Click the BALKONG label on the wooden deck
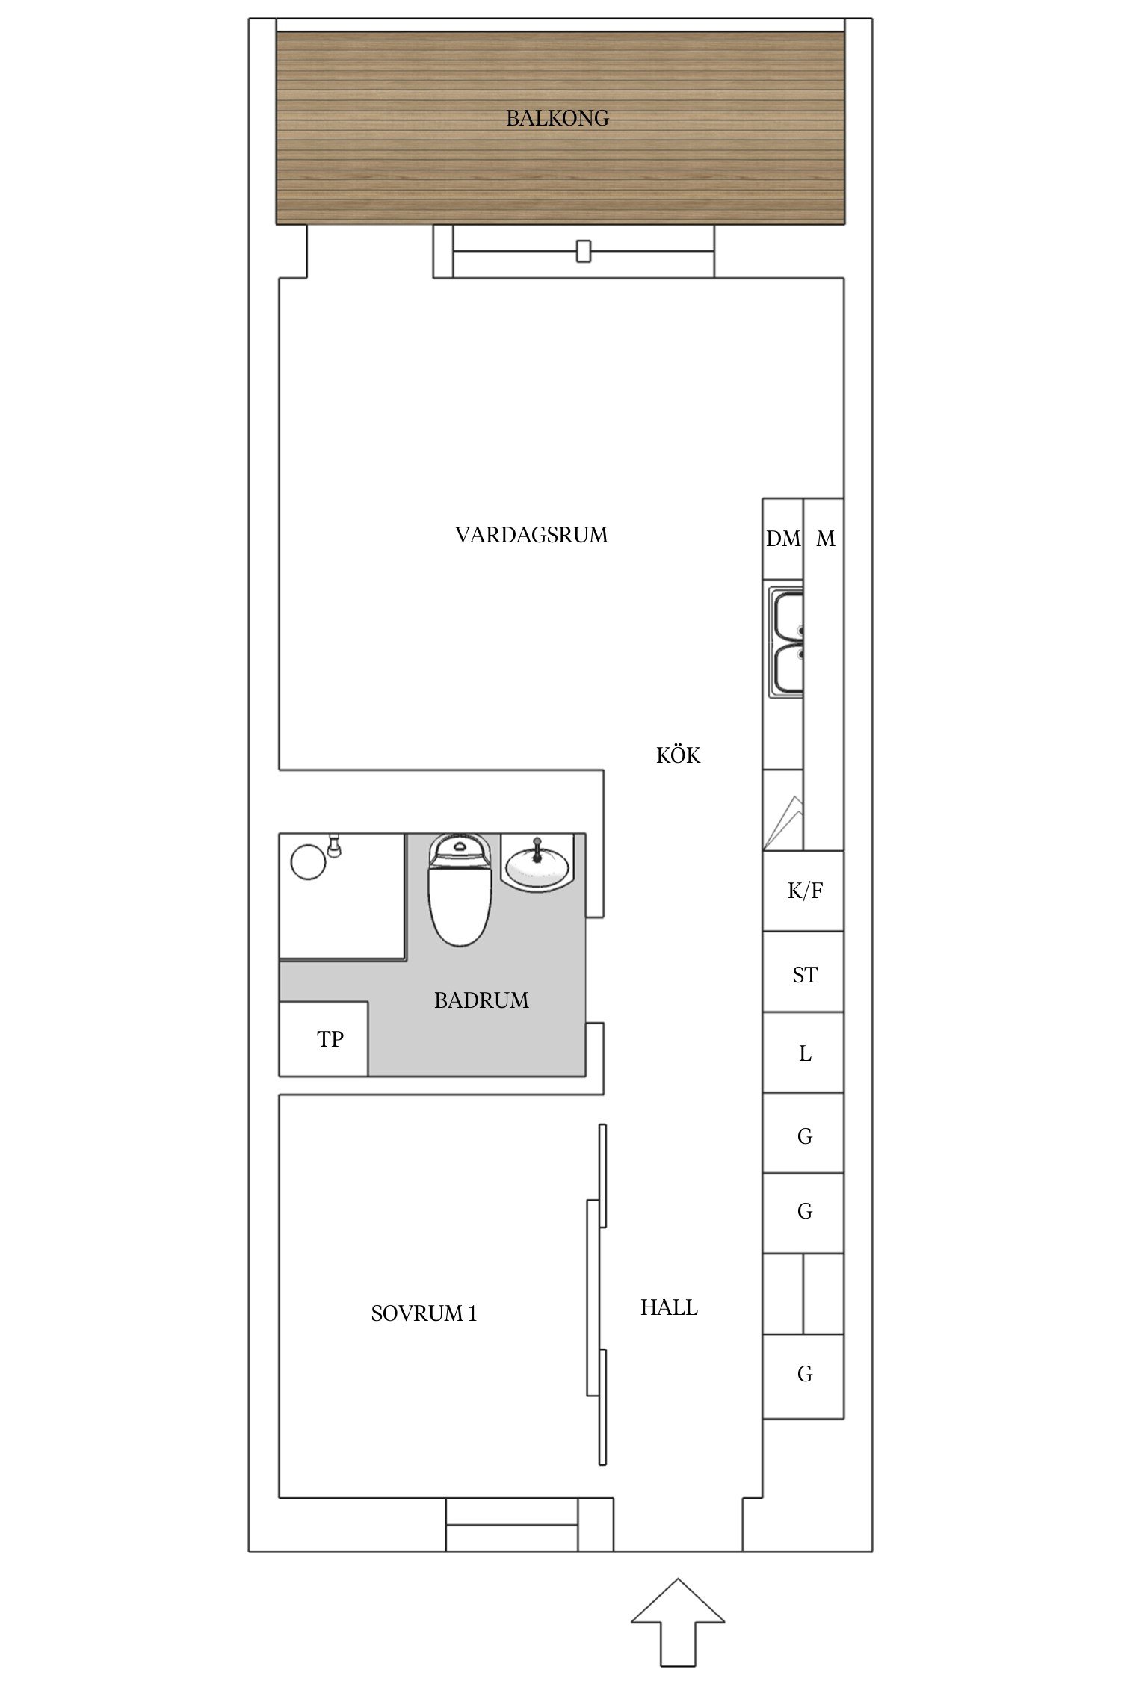pos(557,118)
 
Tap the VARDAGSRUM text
pos(531,535)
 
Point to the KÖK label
pos(678,755)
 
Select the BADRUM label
pos(481,1000)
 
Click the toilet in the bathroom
pos(459,890)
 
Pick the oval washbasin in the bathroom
pos(537,866)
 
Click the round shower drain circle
pos(308,861)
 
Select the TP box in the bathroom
pos(324,1039)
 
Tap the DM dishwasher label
pos(782,539)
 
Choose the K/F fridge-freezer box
pos(803,891)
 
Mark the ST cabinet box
pos(803,971)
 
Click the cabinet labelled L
pos(803,1053)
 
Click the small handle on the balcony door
pos(584,251)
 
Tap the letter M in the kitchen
pos(825,539)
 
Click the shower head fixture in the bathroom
pos(335,845)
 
